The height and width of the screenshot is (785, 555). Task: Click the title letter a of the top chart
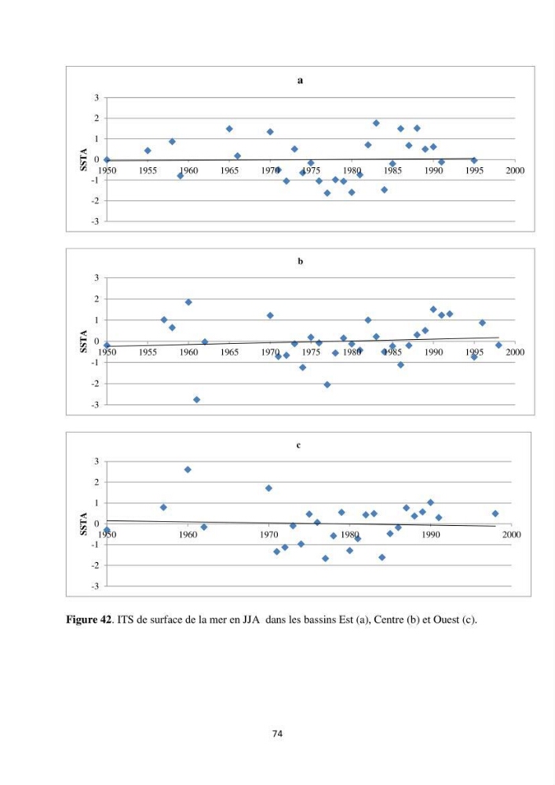pyautogui.click(x=300, y=81)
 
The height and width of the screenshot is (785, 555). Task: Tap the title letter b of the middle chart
pyautogui.click(x=301, y=261)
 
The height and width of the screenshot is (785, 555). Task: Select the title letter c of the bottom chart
pyautogui.click(x=298, y=445)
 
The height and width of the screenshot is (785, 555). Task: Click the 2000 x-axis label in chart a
pyautogui.click(x=515, y=170)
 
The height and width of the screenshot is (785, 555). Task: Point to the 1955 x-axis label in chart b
pyautogui.click(x=148, y=352)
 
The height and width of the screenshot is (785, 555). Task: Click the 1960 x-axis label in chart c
pyautogui.click(x=188, y=535)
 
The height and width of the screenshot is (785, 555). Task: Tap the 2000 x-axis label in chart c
pyautogui.click(x=512, y=535)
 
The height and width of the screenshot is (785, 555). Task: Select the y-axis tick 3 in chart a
pyautogui.click(x=97, y=97)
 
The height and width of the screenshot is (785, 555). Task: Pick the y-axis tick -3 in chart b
pyautogui.click(x=95, y=404)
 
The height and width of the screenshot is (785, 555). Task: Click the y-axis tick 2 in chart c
pyautogui.click(x=97, y=482)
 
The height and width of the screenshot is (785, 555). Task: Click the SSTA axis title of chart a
pyautogui.click(x=83, y=159)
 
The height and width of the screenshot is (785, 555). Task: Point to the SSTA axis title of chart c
pyautogui.click(x=83, y=524)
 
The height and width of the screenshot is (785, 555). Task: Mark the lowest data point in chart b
pyautogui.click(x=197, y=400)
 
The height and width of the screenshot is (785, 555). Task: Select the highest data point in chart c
pyautogui.click(x=188, y=469)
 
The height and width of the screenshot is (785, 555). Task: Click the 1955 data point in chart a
pyautogui.click(x=148, y=151)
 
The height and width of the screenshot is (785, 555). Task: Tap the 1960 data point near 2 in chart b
pyautogui.click(x=188, y=302)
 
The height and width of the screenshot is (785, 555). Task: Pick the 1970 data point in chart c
pyautogui.click(x=268, y=488)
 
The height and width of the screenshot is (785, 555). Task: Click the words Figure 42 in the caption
pyautogui.click(x=89, y=620)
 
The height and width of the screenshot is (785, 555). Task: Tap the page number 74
pyautogui.click(x=277, y=734)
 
